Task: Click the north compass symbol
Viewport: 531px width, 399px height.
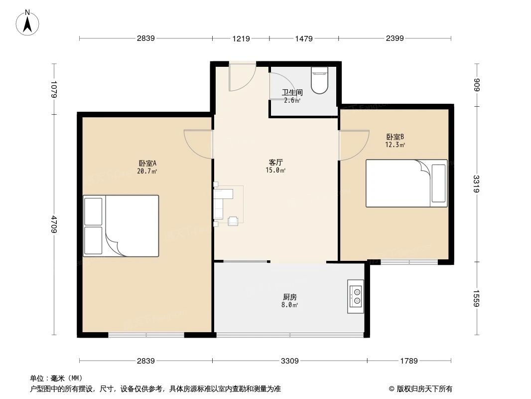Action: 28,23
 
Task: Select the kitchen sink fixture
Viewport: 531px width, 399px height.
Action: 355,296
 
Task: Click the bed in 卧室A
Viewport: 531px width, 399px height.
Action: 121,226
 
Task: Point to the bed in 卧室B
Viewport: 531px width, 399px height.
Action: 406,183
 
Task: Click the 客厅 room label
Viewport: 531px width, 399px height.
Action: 276,162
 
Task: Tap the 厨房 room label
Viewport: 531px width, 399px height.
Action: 289,297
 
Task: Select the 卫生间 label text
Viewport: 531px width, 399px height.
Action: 292,92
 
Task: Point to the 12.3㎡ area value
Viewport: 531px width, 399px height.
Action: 395,145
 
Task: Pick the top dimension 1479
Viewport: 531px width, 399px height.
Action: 304,38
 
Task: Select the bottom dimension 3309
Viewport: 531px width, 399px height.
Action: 289,361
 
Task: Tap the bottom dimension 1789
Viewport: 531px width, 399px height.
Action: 409,361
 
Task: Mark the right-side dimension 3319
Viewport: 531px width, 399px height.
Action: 477,184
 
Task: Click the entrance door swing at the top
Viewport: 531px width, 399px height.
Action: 242,78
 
